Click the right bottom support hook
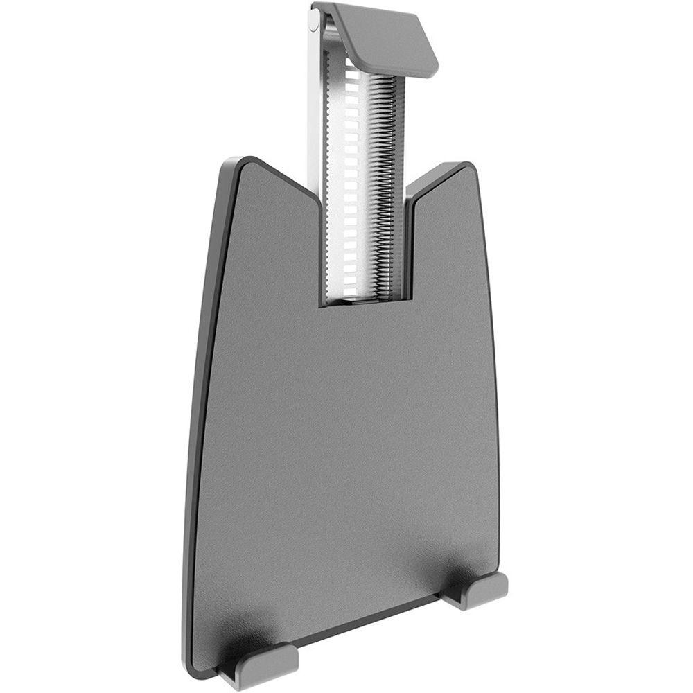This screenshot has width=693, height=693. [478, 589]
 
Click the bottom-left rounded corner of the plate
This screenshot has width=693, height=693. [198, 665]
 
